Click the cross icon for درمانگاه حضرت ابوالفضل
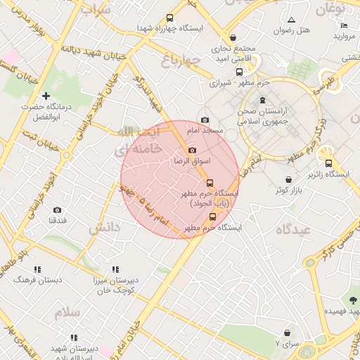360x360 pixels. [46, 96]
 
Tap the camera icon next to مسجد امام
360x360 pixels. [205, 120]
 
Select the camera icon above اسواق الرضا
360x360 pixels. [193, 150]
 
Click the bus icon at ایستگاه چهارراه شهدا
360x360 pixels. [169, 18]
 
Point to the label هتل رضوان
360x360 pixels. [292, 30]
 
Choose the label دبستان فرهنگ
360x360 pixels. [39, 280]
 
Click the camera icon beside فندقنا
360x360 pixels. [57, 210]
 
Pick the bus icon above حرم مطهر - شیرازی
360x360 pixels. [239, 72]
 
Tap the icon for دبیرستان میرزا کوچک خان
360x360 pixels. [116, 269]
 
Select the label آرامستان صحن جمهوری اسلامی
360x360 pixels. [263, 116]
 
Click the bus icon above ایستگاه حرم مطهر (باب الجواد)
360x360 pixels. [209, 183]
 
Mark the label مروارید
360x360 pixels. [346, 36]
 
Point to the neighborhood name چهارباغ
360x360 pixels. [181, 58]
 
